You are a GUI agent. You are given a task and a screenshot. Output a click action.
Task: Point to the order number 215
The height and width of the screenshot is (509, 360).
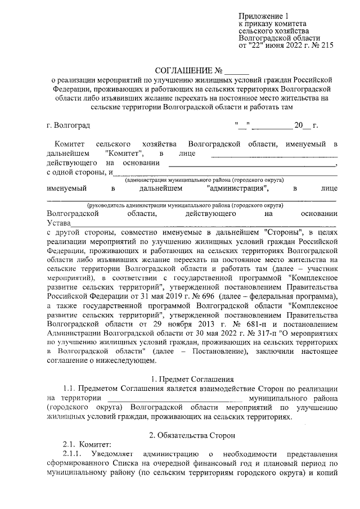[326, 46]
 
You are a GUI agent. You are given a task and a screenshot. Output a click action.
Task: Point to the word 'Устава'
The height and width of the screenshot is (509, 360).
[60, 223]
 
